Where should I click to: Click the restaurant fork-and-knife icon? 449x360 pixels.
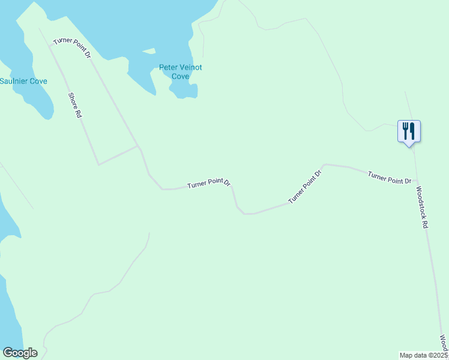tap(409, 130)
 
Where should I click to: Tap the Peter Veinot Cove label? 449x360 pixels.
tap(180, 72)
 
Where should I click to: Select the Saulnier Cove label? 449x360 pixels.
tap(23, 81)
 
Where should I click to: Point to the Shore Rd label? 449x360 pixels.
tap(74, 104)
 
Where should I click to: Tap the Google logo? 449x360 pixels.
tap(20, 353)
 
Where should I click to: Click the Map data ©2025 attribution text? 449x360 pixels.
tap(423, 355)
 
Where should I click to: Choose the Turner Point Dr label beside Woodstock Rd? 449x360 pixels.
tap(390, 178)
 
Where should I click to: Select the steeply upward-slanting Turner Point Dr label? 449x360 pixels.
tap(305, 187)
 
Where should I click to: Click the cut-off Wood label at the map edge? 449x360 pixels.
tap(444, 344)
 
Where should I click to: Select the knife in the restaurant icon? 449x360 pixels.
tap(412, 130)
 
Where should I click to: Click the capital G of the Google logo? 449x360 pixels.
tap(8, 352)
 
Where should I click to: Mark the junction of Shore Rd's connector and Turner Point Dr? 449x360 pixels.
tap(138, 146)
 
